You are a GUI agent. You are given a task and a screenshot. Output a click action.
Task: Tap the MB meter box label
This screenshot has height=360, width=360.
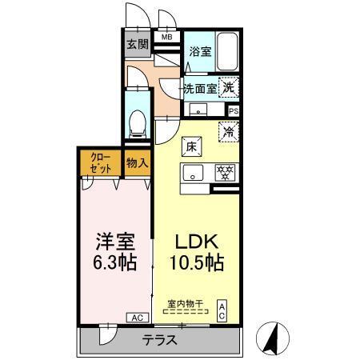[167, 37]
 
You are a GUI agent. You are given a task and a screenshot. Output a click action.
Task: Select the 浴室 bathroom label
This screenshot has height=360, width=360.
[200, 52]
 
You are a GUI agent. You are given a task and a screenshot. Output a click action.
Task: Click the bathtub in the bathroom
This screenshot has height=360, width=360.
[229, 52]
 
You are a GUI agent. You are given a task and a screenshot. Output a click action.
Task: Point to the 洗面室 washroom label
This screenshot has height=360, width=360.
[200, 88]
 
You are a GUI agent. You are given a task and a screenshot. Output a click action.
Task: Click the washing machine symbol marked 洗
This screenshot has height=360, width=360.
[229, 87]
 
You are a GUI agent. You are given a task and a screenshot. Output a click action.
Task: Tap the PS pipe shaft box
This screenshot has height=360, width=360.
[234, 111]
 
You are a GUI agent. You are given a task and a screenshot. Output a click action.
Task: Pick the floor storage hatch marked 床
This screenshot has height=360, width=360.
[193, 146]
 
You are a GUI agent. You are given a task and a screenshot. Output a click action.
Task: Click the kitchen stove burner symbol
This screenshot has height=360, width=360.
[226, 172]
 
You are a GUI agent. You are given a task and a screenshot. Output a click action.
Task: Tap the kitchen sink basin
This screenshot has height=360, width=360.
[194, 172]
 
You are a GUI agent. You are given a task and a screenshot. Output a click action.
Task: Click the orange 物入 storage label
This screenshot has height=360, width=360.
[138, 162]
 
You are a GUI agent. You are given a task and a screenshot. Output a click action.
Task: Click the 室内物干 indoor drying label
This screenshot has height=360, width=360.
[185, 303]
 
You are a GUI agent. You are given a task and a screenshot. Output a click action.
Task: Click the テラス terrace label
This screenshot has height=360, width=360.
[159, 339]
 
